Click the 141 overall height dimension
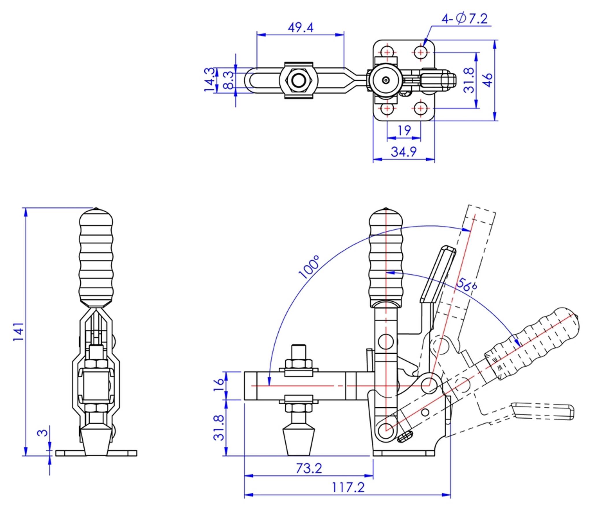click(18, 331)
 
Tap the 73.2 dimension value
click(308, 468)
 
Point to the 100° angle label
click(309, 267)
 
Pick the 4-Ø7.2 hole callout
click(464, 19)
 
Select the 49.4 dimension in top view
click(300, 27)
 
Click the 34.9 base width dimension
click(404, 151)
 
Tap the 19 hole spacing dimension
click(404, 131)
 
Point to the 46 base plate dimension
click(487, 80)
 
